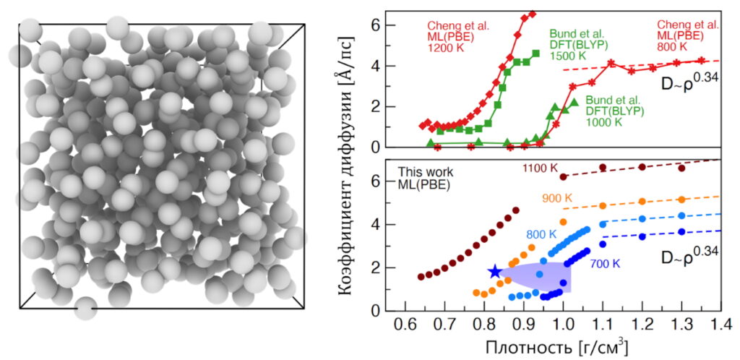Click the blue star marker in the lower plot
point(494,272)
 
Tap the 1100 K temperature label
point(541,168)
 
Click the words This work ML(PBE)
point(426,180)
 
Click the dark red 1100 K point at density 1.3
point(681,168)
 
